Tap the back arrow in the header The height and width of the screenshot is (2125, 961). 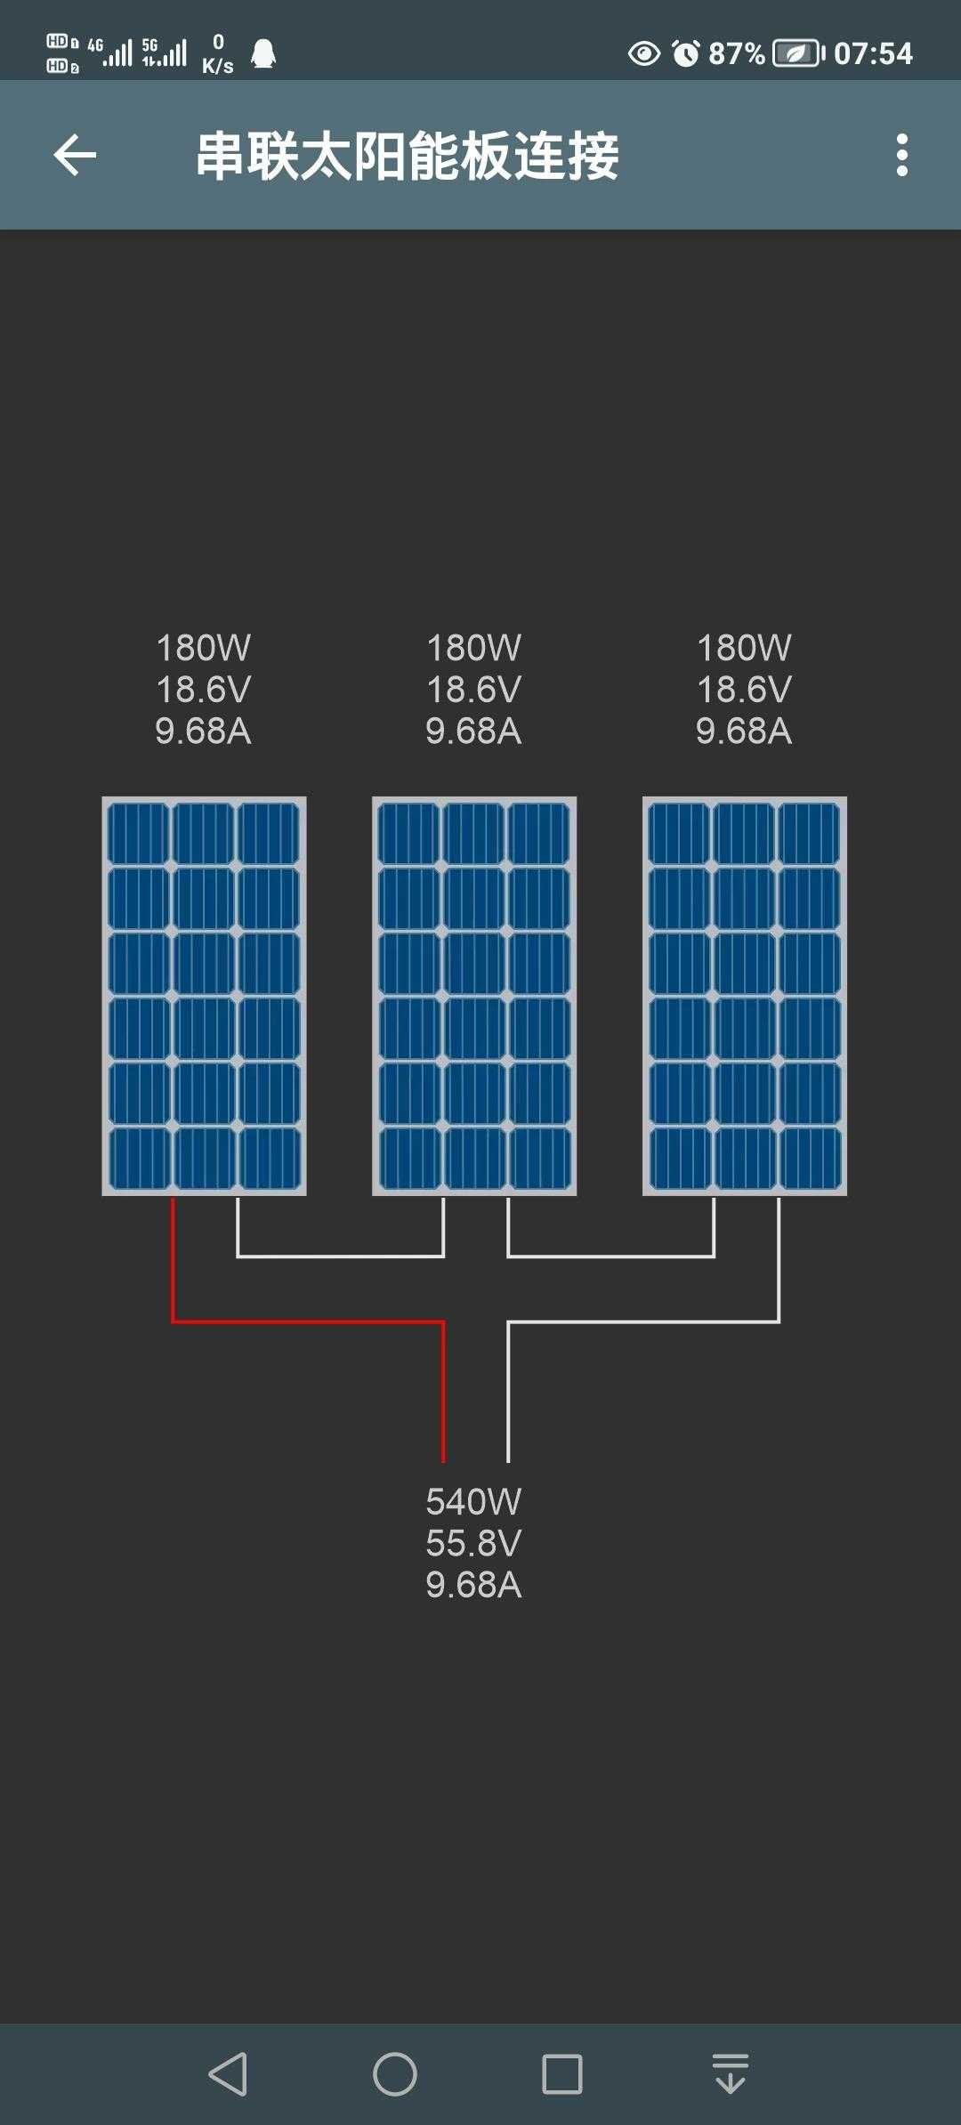[75, 156]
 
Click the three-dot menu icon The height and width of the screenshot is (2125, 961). [902, 156]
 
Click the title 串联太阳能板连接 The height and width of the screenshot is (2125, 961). [407, 157]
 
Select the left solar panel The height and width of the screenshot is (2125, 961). [204, 995]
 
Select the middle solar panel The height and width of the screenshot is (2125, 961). [474, 995]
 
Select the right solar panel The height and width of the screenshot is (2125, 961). [745, 995]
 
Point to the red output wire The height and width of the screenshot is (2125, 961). [308, 1321]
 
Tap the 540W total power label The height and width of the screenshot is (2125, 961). [473, 1502]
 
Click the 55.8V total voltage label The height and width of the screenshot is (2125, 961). [473, 1543]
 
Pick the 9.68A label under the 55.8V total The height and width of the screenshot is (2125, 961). [473, 1585]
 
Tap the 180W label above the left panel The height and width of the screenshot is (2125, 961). [204, 648]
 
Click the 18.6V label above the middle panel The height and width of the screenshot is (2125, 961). [474, 690]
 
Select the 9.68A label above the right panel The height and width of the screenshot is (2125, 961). [744, 731]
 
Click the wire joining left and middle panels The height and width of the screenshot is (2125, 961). [341, 1256]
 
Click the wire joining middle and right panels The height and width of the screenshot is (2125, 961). [611, 1256]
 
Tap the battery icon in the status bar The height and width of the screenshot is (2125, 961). [798, 53]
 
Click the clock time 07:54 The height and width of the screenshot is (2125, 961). [873, 53]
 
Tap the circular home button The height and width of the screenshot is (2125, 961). [395, 2074]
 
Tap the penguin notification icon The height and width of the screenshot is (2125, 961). [263, 54]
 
